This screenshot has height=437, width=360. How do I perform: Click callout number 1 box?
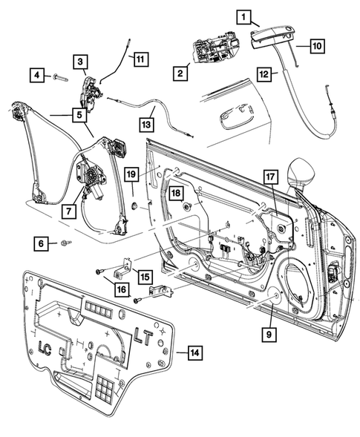[244, 16]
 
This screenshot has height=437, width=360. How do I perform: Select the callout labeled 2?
[180, 73]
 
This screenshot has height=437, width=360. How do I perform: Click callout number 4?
[36, 74]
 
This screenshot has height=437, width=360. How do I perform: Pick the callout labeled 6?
[42, 243]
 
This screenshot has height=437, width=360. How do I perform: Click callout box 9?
[268, 335]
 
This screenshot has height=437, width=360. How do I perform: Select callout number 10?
[316, 46]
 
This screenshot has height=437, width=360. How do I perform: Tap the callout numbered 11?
[140, 56]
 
